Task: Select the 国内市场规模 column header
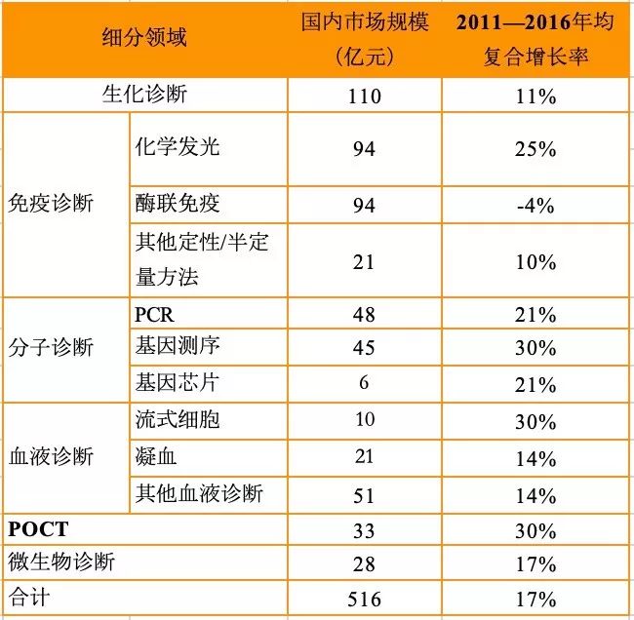coord(364,39)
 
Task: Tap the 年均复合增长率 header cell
coord(535,39)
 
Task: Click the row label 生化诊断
coord(144,96)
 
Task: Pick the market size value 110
coord(364,97)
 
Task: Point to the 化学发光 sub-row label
coord(177,147)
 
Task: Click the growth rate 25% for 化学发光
coord(535,149)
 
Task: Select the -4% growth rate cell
coord(535,205)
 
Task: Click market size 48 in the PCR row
coord(364,315)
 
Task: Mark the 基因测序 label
coord(177,347)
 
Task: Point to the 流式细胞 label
coord(177,419)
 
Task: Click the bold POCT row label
coord(39,528)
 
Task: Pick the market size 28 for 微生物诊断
coord(364,563)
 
